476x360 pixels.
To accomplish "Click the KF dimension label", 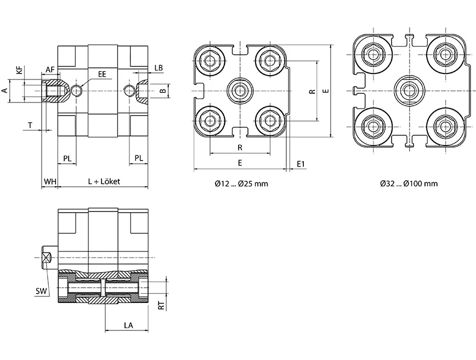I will (20, 70).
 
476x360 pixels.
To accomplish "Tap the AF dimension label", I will (50, 69).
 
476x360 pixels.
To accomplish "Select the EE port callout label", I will (102, 72).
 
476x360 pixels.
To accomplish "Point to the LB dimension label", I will (158, 68).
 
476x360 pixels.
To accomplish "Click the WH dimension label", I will (49, 181).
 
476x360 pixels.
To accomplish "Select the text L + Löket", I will (104, 181).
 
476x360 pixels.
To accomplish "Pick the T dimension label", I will (30, 125).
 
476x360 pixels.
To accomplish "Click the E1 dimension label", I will (301, 164).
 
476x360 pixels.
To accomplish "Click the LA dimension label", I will (128, 325).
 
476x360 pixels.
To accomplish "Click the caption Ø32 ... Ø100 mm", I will (409, 184).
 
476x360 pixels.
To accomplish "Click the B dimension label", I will (162, 90).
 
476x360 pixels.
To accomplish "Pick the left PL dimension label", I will (67, 158).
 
